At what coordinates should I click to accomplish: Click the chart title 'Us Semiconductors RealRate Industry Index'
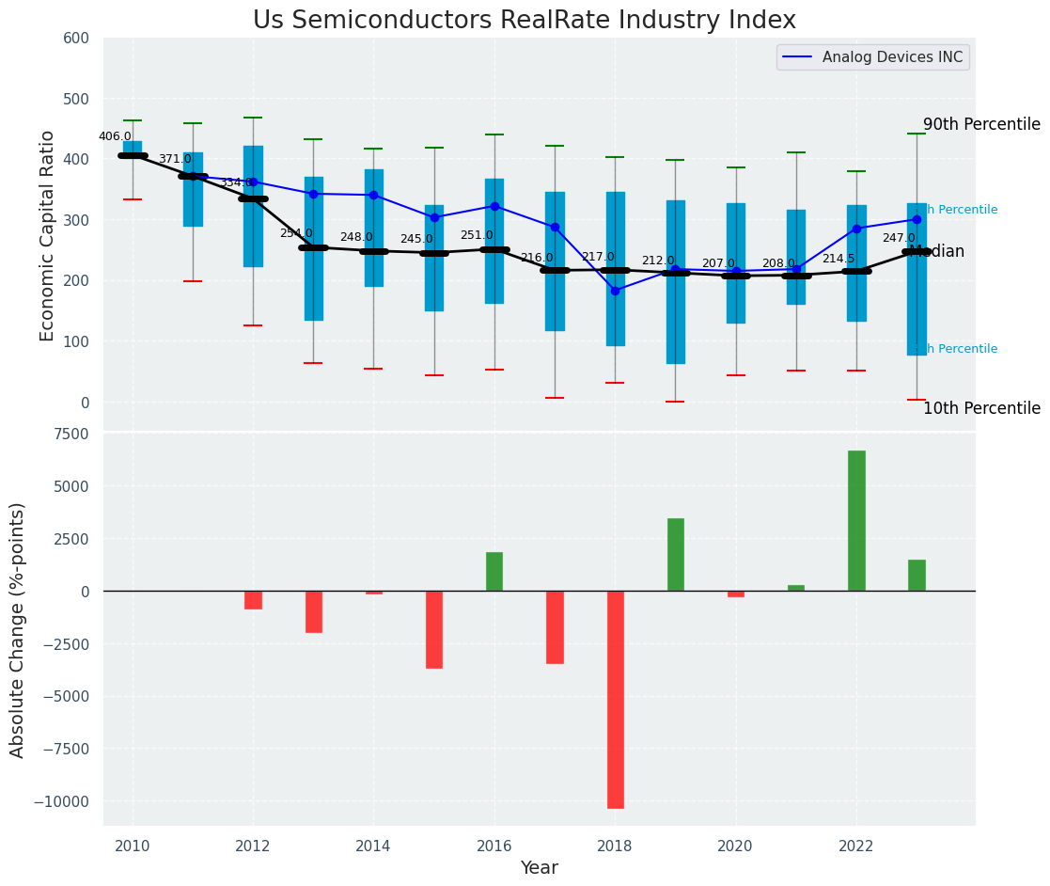click(x=524, y=21)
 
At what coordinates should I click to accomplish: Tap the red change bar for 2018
click(x=616, y=699)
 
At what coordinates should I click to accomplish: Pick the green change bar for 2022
click(x=856, y=521)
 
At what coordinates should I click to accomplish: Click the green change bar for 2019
click(x=676, y=555)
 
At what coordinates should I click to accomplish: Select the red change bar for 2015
click(x=434, y=629)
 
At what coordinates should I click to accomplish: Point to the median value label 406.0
click(x=115, y=136)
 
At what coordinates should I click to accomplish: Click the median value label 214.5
click(x=838, y=259)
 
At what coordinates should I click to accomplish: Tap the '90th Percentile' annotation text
click(x=981, y=124)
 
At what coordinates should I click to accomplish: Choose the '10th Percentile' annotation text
click(x=981, y=408)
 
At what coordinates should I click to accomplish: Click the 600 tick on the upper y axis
click(x=76, y=38)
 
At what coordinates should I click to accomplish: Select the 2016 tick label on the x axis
click(x=494, y=846)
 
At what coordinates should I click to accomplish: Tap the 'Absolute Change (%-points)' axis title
click(x=18, y=629)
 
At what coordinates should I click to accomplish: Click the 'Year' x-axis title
click(x=540, y=868)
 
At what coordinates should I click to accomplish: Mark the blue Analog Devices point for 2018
click(x=616, y=291)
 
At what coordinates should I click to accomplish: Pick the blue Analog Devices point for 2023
click(x=917, y=220)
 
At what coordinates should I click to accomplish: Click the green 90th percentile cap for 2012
click(x=253, y=118)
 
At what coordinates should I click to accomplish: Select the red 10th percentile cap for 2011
click(x=193, y=281)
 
